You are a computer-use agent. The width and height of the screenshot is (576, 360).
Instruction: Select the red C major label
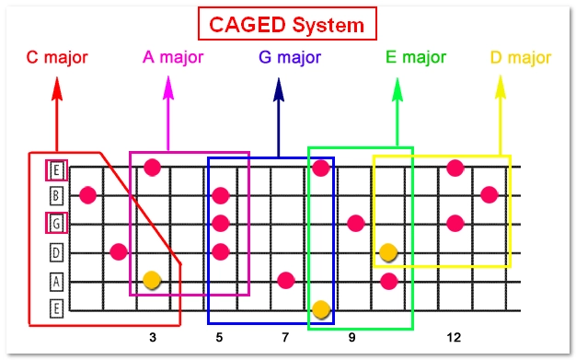pos(57,58)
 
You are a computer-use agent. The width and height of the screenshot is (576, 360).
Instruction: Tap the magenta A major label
pos(173,58)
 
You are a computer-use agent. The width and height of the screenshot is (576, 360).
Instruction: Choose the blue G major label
pos(290,58)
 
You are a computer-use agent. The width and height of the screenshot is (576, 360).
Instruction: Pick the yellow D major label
pos(521,58)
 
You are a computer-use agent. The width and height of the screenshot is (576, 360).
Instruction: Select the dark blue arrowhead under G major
pos(278,88)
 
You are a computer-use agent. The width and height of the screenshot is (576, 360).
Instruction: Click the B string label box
pos(57,195)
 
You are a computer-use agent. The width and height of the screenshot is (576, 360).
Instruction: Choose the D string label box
pos(57,252)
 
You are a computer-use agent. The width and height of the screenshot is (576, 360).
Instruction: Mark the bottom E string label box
pos(57,308)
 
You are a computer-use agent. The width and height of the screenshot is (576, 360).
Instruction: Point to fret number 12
pos(454,338)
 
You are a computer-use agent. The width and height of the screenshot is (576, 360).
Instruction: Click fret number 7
pos(285,338)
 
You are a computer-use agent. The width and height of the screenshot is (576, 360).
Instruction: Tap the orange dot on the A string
pos(153,279)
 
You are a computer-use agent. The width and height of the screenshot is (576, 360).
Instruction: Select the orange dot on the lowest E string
pos(321,308)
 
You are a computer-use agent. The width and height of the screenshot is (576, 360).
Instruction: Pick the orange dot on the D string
pos(388,251)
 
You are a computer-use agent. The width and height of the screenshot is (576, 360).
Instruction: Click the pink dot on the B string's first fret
pos(88,195)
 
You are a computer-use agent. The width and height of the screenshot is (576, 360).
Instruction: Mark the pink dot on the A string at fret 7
pos(286,280)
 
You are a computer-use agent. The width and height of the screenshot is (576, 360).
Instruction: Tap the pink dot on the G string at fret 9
pos(356,223)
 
